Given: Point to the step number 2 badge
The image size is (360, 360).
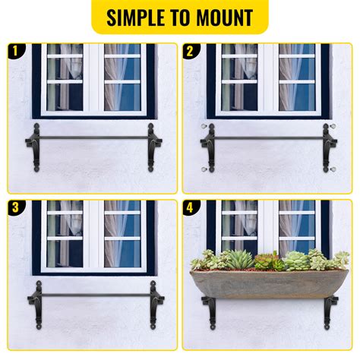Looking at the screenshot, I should tap(191, 52).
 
